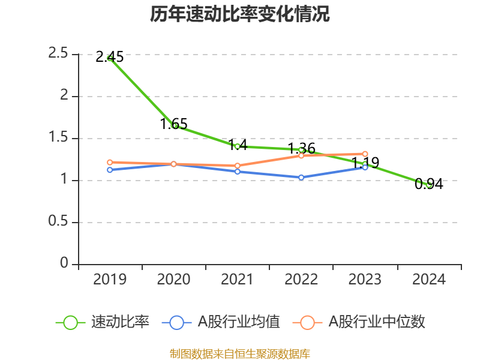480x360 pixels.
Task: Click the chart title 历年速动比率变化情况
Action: (x=240, y=14)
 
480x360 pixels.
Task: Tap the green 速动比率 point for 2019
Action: (x=110, y=58)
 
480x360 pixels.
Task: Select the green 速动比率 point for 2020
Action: (x=174, y=125)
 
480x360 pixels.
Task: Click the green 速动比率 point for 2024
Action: (x=429, y=185)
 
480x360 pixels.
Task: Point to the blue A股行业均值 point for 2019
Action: (x=110, y=170)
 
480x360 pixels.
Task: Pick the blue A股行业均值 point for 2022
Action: (x=301, y=178)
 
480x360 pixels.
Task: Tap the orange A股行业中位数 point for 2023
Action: (x=365, y=154)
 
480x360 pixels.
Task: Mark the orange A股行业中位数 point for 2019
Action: (x=110, y=162)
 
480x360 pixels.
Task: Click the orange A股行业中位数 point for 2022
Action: (x=301, y=155)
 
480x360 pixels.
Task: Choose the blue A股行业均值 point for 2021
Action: (x=238, y=172)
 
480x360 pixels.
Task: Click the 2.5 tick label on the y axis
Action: (x=59, y=54)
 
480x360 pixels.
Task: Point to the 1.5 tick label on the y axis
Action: (x=59, y=138)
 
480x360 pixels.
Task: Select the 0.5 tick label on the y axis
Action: (x=59, y=222)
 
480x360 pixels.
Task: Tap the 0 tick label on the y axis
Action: (x=65, y=264)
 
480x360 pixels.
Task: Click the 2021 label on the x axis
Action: (x=238, y=280)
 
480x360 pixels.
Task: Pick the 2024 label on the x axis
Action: (x=429, y=280)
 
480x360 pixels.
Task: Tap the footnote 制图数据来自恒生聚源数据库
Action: (x=240, y=353)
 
